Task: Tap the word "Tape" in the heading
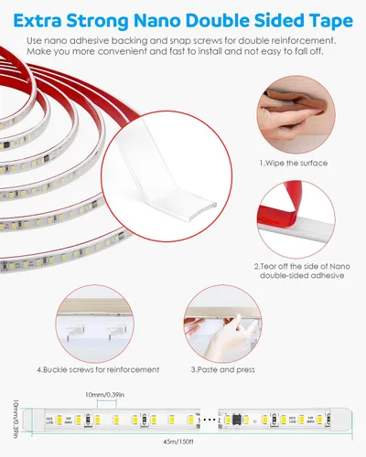328,17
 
